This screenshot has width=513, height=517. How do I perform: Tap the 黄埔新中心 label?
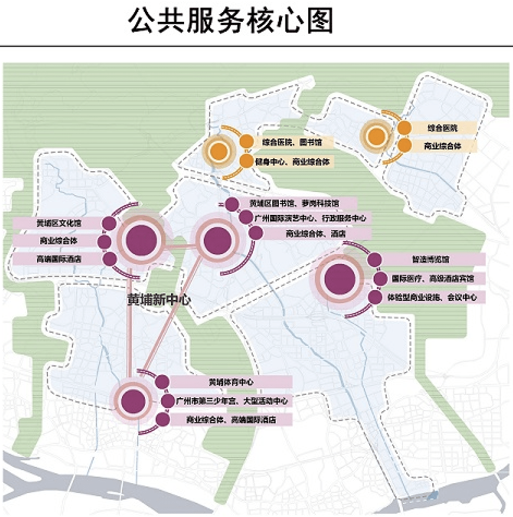click(x=157, y=300)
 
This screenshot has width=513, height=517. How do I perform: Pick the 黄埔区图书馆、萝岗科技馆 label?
click(x=294, y=203)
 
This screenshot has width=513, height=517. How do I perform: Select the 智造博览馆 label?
click(x=430, y=260)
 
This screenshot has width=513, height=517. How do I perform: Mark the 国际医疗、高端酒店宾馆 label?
click(x=432, y=279)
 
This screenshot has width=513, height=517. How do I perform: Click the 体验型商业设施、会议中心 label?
click(x=433, y=298)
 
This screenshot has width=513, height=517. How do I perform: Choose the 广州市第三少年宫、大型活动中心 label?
click(x=231, y=401)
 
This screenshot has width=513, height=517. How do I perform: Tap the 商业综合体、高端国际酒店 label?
click(x=231, y=420)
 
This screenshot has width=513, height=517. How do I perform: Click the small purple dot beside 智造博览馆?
click(x=374, y=260)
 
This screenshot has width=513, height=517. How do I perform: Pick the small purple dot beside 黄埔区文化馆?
click(x=109, y=224)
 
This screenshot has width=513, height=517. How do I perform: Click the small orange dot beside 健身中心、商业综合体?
click(x=246, y=161)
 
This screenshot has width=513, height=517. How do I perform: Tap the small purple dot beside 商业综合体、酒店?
click(x=255, y=233)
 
